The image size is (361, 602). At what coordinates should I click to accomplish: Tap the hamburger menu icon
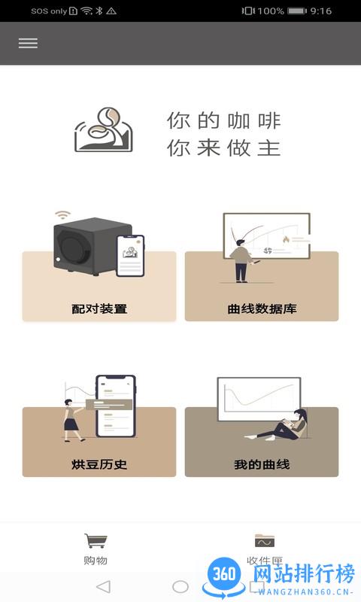pos(28,43)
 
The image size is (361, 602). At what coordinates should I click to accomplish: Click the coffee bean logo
pos(104,131)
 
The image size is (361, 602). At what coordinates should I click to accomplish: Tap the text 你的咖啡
pos(224,120)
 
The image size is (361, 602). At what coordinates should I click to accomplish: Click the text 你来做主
pos(224,147)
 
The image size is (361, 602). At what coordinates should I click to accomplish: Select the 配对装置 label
pos(99,309)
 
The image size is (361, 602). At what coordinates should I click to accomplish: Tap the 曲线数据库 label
pos(261,309)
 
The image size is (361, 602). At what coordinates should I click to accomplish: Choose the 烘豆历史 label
pos(99,464)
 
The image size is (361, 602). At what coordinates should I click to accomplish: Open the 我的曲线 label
pos(261,464)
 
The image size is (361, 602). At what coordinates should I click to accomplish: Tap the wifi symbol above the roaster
pos(62,215)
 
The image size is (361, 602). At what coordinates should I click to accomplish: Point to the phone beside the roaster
pos(130,255)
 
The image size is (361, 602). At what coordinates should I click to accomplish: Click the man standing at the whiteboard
pos(241,260)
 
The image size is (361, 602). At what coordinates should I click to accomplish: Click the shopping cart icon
pos(96,541)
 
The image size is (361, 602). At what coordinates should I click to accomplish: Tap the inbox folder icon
pos(265,540)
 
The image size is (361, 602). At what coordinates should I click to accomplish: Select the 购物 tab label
pos(96,561)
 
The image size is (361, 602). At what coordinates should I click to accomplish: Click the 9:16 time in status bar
pos(342,11)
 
